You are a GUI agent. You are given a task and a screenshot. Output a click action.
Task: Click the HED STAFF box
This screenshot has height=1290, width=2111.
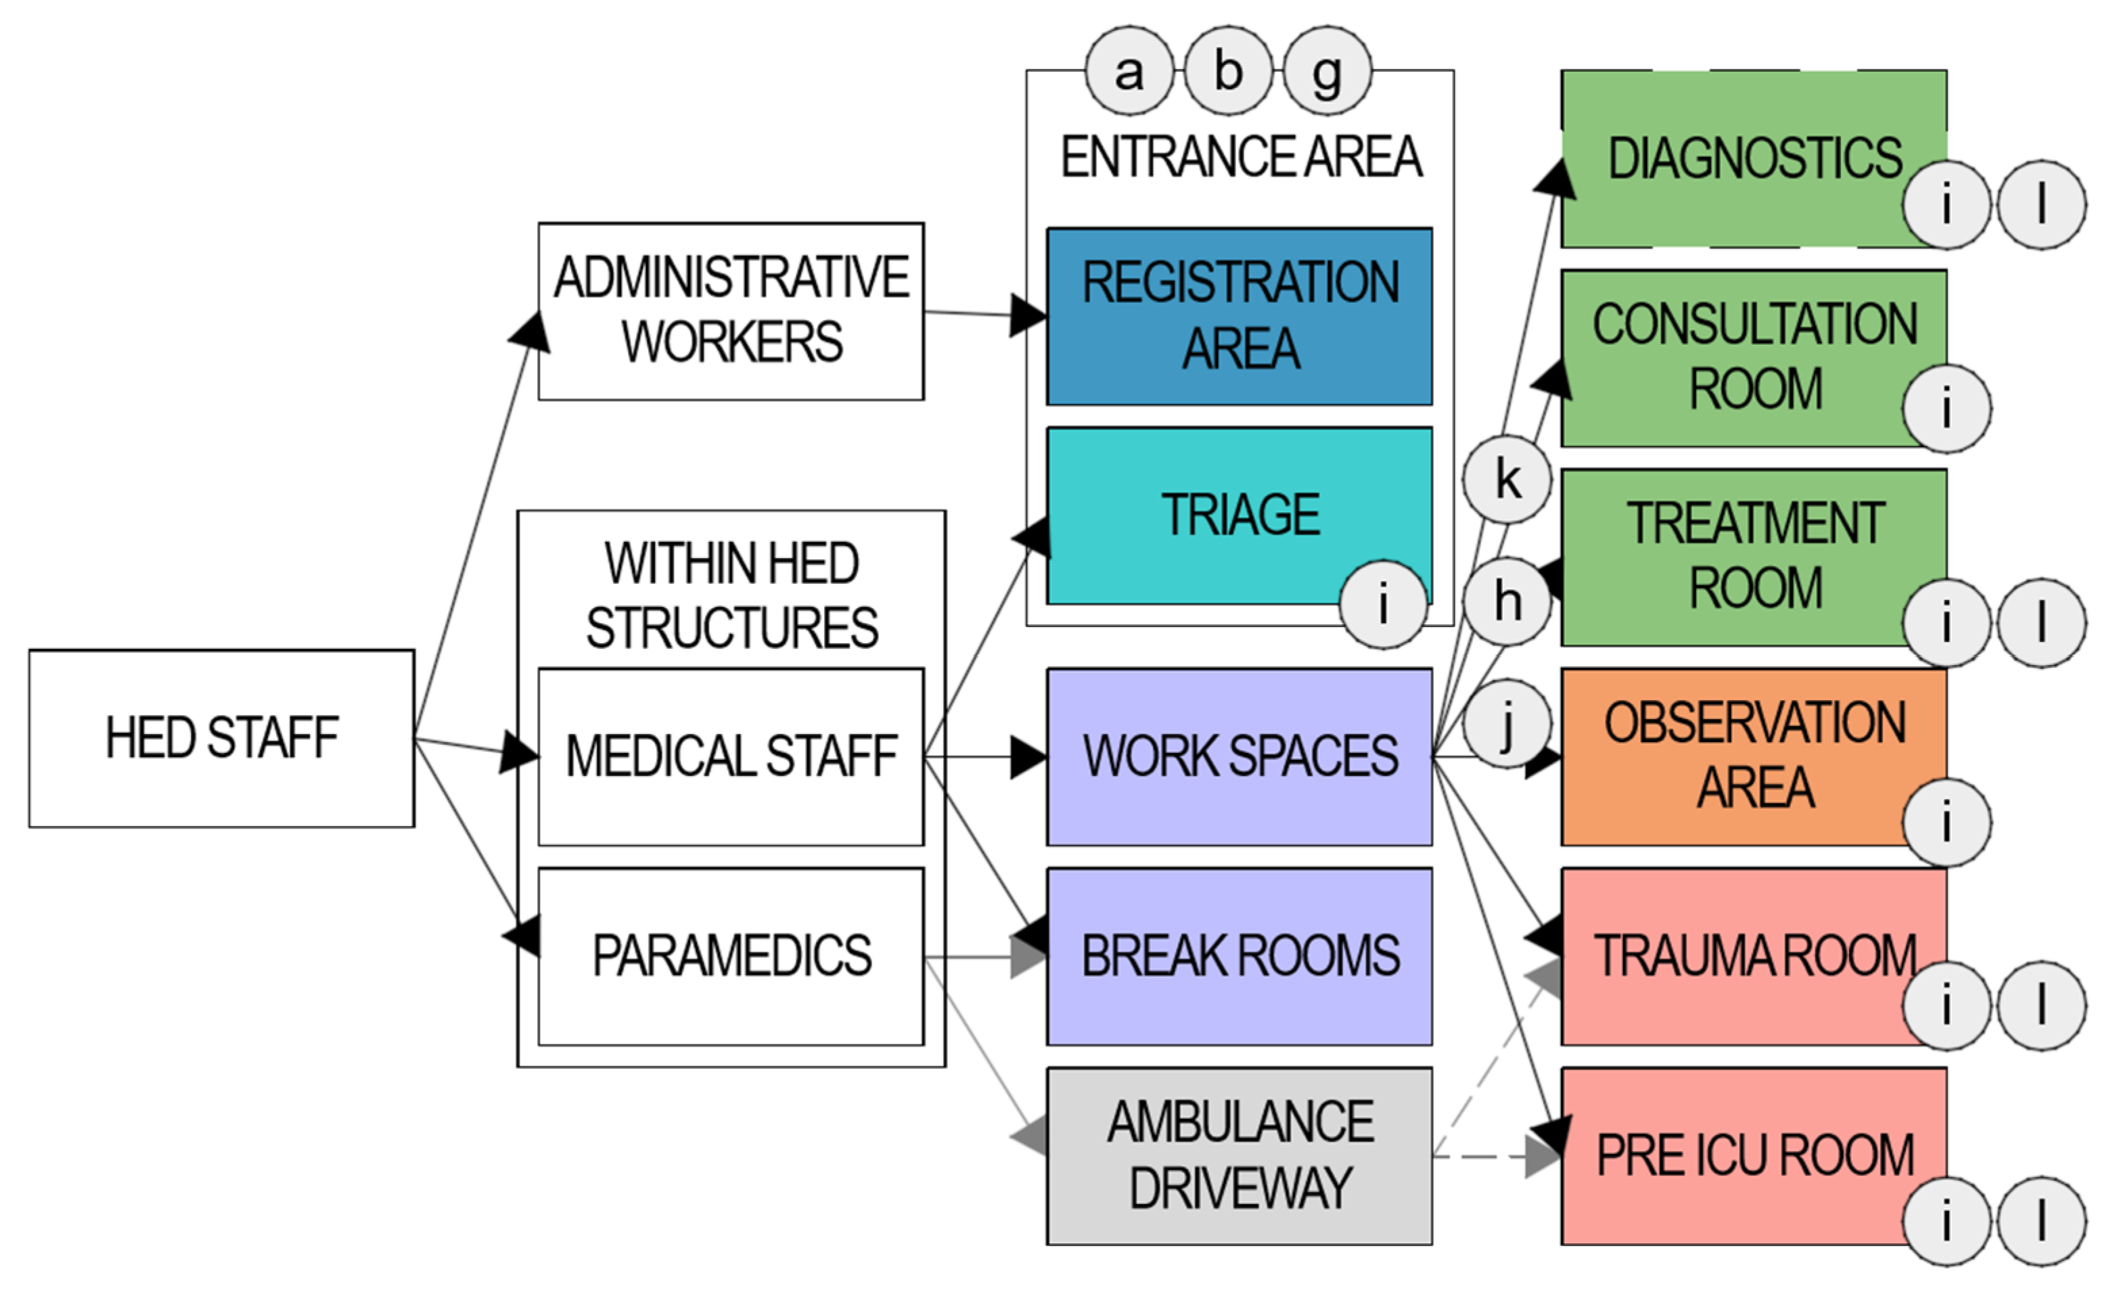tap(222, 739)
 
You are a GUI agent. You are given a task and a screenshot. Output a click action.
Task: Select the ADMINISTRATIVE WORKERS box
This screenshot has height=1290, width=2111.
tap(731, 311)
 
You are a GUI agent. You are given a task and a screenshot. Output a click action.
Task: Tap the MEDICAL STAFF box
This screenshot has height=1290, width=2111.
tap(731, 757)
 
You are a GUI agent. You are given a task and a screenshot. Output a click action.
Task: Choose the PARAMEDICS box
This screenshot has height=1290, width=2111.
tap(731, 957)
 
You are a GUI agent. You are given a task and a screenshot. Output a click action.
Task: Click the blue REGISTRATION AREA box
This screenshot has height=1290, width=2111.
tap(1240, 316)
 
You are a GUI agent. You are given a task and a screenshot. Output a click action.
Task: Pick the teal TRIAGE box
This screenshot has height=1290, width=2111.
tap(1240, 515)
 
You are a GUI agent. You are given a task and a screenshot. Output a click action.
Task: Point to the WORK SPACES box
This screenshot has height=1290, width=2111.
tap(1240, 757)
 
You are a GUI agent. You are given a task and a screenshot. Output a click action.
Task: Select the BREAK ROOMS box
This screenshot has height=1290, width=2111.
tap(1240, 957)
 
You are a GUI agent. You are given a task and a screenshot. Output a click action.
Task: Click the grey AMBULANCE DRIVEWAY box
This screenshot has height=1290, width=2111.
tap(1240, 1156)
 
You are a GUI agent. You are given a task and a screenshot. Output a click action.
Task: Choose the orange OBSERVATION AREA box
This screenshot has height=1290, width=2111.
tap(1754, 757)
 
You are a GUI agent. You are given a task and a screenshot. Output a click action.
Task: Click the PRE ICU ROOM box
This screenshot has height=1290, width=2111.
tap(1754, 1156)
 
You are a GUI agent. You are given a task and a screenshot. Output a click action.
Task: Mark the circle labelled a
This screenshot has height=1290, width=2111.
tap(1130, 70)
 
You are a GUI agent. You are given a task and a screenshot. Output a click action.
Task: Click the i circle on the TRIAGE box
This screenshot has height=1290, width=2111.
tap(1384, 604)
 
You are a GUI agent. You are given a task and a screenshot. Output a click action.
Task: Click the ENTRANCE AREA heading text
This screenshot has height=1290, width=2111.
tap(1242, 157)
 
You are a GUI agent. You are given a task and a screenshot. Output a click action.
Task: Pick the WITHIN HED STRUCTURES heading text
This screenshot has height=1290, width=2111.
tap(731, 595)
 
